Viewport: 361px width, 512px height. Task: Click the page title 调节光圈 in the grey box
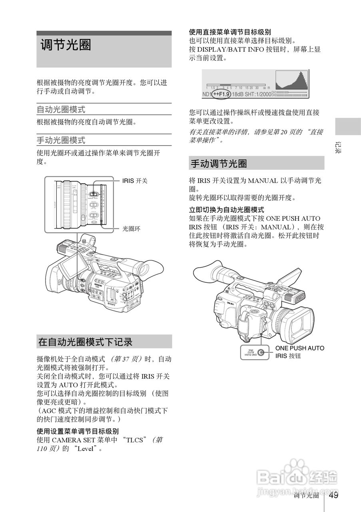tap(66, 45)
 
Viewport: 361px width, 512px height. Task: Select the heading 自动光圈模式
tap(61, 109)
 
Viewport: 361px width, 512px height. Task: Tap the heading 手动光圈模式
tap(61, 140)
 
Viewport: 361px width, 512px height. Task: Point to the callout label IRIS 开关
tap(135, 181)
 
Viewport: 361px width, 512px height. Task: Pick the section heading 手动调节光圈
tap(219, 163)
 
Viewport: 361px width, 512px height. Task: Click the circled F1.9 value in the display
tap(221, 94)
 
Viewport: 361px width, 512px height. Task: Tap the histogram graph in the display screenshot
tap(291, 80)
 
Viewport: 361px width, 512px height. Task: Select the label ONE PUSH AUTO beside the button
tap(299, 348)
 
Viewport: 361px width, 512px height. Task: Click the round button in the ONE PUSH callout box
tap(261, 352)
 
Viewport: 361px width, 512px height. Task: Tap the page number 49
tap(334, 495)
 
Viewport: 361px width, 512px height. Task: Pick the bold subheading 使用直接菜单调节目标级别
tap(230, 32)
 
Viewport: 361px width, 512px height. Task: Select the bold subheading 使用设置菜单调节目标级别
tap(78, 431)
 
